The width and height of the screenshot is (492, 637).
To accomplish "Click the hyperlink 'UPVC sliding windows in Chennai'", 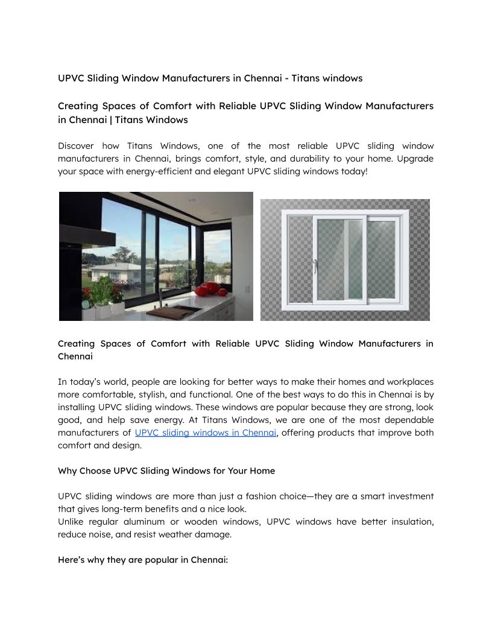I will (x=206, y=433).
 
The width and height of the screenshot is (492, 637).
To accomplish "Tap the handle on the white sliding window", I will (x=315, y=266).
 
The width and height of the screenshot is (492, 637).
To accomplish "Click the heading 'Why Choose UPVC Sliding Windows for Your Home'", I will (x=166, y=471).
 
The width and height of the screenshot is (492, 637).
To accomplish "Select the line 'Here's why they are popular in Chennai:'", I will (x=143, y=560).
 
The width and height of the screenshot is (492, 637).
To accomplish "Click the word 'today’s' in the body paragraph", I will (x=96, y=382).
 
